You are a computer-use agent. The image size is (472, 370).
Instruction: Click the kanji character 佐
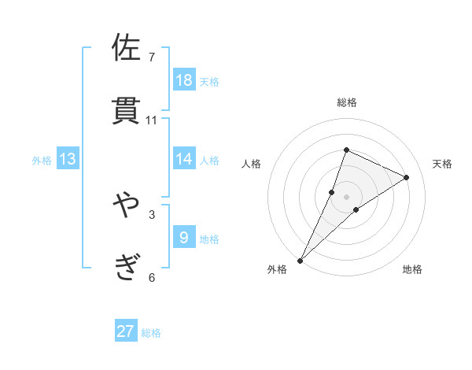click(127, 48)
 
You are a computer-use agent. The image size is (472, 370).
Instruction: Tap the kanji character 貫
click(127, 111)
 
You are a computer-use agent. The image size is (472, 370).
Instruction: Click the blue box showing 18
click(184, 80)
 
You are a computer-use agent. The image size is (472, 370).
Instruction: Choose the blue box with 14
click(184, 159)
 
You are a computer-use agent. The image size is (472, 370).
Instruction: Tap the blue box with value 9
click(184, 237)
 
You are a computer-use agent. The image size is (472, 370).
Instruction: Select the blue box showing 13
click(68, 159)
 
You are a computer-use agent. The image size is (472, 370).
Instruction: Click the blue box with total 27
click(126, 331)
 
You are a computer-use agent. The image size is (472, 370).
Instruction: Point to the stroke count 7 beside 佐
click(152, 57)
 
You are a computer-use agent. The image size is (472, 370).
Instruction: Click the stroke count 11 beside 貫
click(152, 120)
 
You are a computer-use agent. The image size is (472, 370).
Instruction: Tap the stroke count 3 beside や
click(152, 214)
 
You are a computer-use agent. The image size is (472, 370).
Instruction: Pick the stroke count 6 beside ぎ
click(152, 277)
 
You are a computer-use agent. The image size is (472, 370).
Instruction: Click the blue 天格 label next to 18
click(209, 81)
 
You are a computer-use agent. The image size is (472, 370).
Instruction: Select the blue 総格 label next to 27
click(151, 333)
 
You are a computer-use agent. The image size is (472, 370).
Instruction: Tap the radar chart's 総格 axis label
click(347, 102)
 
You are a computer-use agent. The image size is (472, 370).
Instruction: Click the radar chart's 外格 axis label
click(277, 269)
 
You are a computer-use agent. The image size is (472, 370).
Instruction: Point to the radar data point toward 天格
click(407, 177)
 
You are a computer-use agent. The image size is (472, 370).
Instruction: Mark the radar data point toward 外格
click(300, 261)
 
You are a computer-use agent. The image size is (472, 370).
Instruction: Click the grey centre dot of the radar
click(347, 197)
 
